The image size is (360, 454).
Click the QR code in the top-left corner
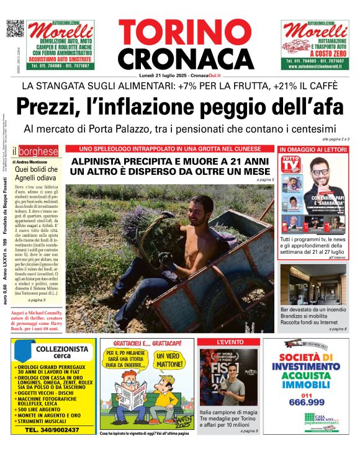pos(15,29)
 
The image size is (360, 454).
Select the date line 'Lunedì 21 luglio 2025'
pos(161,76)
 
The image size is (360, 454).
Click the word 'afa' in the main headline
pos(326,107)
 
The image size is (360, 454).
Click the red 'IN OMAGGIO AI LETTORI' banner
pos(313,150)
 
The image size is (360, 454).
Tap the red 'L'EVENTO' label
pos(229,342)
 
